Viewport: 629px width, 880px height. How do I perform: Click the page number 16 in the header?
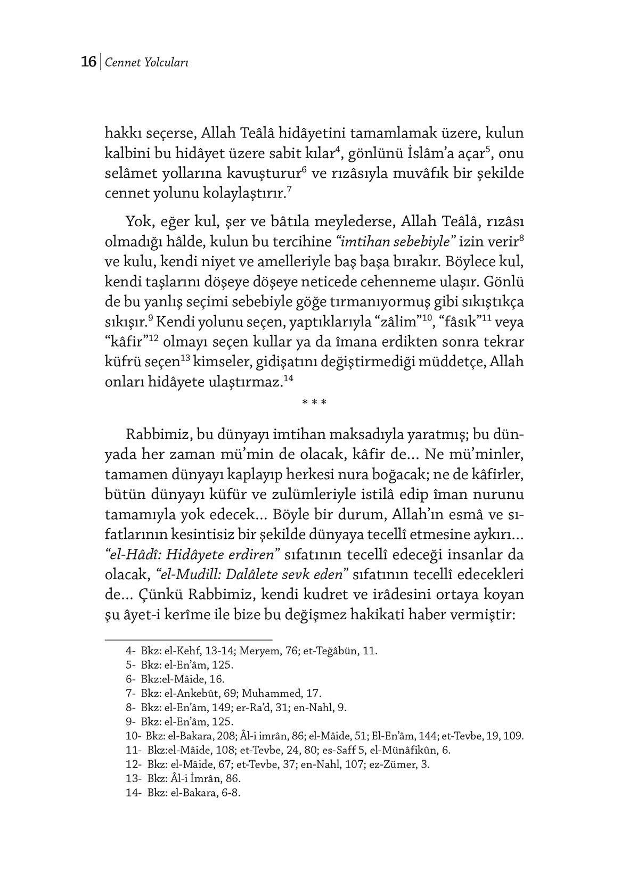[x=88, y=62]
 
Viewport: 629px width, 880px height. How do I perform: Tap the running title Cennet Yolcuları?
[x=146, y=63]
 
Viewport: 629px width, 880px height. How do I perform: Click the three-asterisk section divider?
[x=314, y=403]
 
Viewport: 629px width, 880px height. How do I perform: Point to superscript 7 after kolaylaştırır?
[x=289, y=190]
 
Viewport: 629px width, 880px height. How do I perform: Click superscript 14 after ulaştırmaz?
[x=289, y=379]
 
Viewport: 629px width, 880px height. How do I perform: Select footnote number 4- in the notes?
[x=131, y=651]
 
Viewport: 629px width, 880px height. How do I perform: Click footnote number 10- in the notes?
[x=133, y=736]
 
